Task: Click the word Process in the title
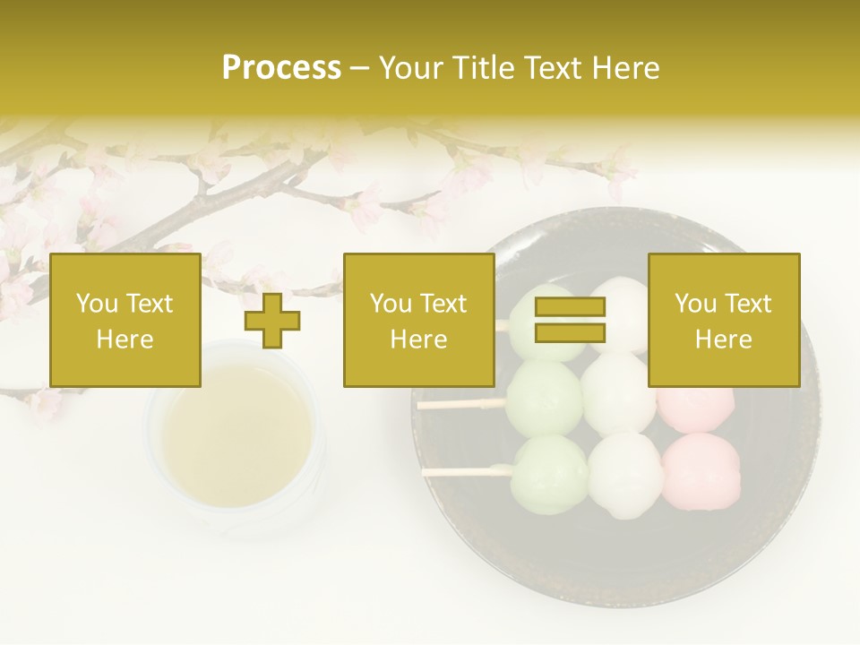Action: click(x=281, y=68)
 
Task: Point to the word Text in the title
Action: click(x=555, y=68)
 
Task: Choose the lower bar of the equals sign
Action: click(x=570, y=333)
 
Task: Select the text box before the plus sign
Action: click(x=125, y=321)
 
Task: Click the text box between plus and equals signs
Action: click(x=418, y=321)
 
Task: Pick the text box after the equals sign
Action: click(x=723, y=321)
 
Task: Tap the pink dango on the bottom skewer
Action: click(x=701, y=468)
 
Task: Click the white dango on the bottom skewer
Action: click(x=623, y=475)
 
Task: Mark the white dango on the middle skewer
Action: click(x=618, y=394)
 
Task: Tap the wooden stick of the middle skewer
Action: click(x=461, y=404)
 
